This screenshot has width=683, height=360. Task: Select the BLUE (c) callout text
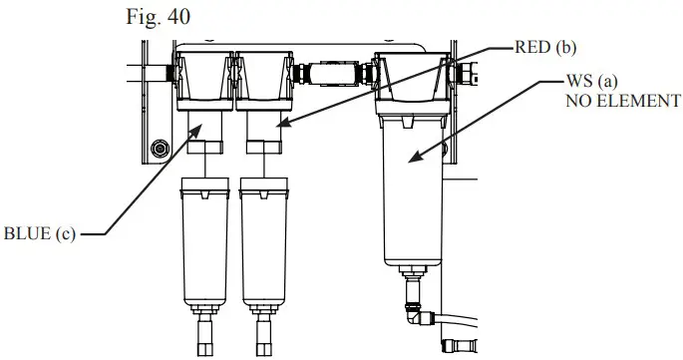[41, 235]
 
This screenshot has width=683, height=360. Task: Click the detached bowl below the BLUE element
[206, 244]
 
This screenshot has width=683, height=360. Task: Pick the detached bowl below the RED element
[266, 244]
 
